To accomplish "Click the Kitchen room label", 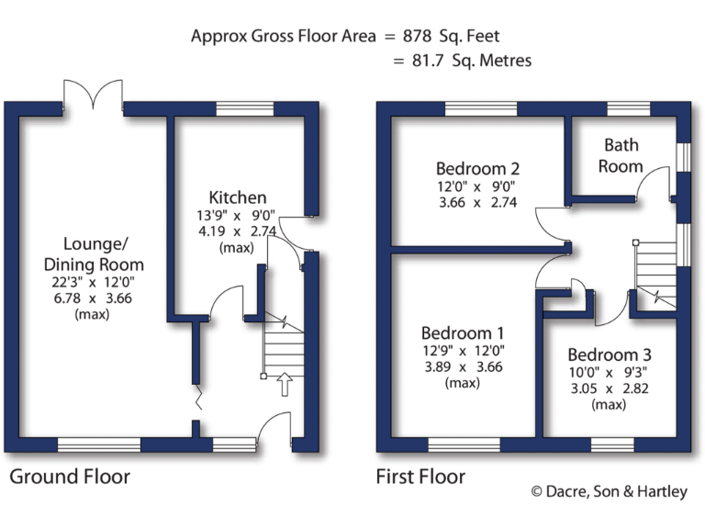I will pos(238,197).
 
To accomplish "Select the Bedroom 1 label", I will pos(463,333).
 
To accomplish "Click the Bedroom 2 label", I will pos(477,169).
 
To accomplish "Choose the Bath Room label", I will pos(621,155).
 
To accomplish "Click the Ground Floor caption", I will pos(70,477).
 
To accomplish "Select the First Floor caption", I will pos(420,477).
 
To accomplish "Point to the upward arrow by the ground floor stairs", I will pos(285,384).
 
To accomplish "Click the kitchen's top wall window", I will pos(245,108).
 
